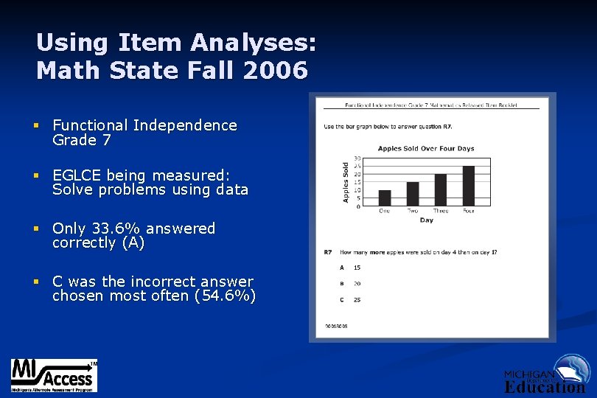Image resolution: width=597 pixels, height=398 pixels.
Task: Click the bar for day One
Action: click(384, 198)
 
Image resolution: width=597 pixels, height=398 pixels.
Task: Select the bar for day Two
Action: click(413, 193)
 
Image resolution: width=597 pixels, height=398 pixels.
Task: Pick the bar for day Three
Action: click(441, 189)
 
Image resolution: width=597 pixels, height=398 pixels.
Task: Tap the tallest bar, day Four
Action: click(469, 186)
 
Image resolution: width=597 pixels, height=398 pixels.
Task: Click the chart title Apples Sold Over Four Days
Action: click(426, 148)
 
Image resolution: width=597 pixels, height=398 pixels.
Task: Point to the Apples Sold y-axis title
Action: click(345, 183)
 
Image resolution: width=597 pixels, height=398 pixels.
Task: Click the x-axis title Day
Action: click(426, 220)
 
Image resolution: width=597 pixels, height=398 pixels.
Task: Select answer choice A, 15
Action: click(357, 268)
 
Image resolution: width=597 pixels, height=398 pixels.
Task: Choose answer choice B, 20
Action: click(357, 283)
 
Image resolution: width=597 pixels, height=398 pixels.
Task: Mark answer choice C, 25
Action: click(357, 299)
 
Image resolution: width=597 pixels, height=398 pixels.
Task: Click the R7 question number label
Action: click(327, 252)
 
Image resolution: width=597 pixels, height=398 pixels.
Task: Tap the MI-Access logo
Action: click(53, 376)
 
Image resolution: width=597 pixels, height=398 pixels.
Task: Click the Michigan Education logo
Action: click(546, 375)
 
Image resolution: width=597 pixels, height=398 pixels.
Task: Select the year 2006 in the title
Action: click(277, 71)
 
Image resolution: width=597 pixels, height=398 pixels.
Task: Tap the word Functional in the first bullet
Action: click(91, 126)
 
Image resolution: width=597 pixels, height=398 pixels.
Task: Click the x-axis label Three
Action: click(441, 211)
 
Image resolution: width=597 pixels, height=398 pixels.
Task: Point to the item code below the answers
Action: click(335, 326)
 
